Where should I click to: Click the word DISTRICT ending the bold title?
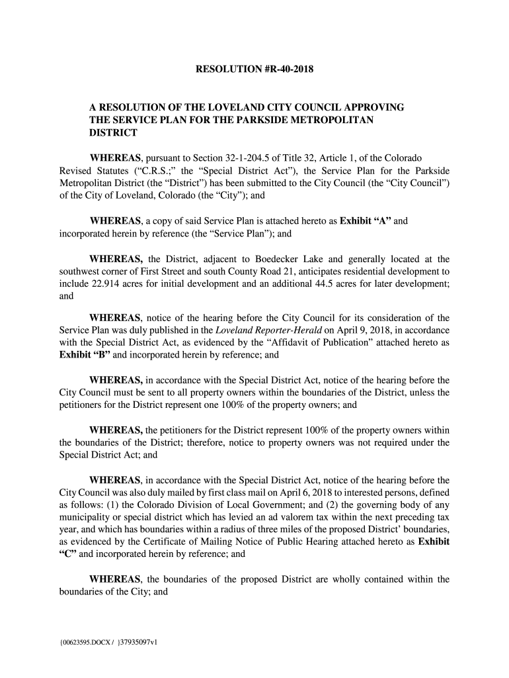[x=113, y=132]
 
